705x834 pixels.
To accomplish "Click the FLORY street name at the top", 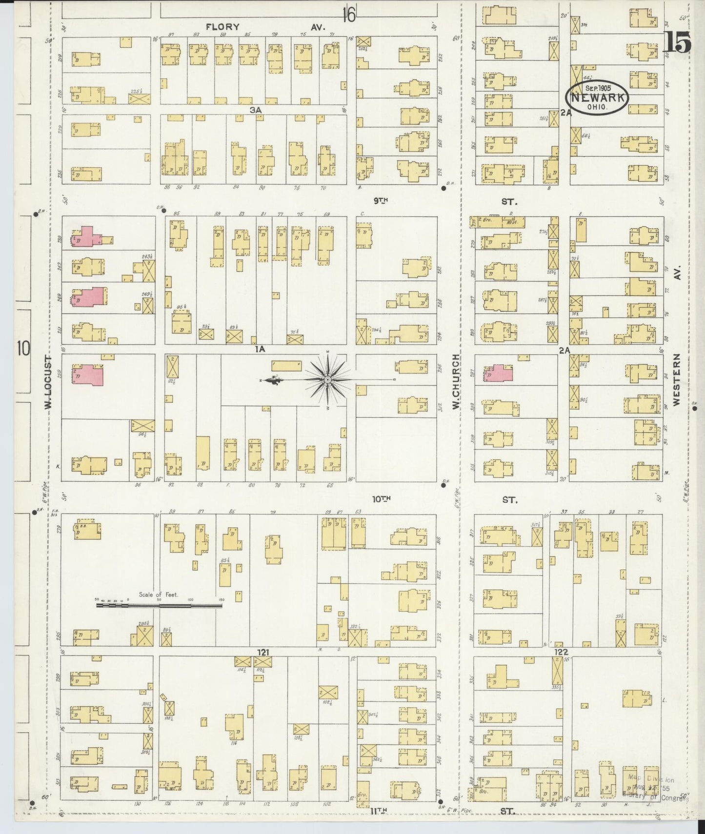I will pyautogui.click(x=222, y=27).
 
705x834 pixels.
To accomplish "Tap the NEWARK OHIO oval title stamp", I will pyautogui.click(x=597, y=98).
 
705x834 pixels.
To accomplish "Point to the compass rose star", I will pyautogui.click(x=328, y=379).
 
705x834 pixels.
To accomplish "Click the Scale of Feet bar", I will pyautogui.click(x=159, y=605).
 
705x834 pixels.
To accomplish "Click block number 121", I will pyautogui.click(x=264, y=652).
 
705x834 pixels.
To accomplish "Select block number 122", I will pyautogui.click(x=562, y=652).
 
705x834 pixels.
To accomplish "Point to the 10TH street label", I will pyautogui.click(x=382, y=499).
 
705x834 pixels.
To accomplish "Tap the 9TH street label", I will pyautogui.click(x=381, y=200).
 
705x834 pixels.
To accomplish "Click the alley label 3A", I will pyautogui.click(x=255, y=110).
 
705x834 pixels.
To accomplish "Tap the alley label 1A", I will pyautogui.click(x=259, y=349).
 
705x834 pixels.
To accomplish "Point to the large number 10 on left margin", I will pyautogui.click(x=23, y=349).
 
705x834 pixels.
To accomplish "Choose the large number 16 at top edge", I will pyautogui.click(x=348, y=14).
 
